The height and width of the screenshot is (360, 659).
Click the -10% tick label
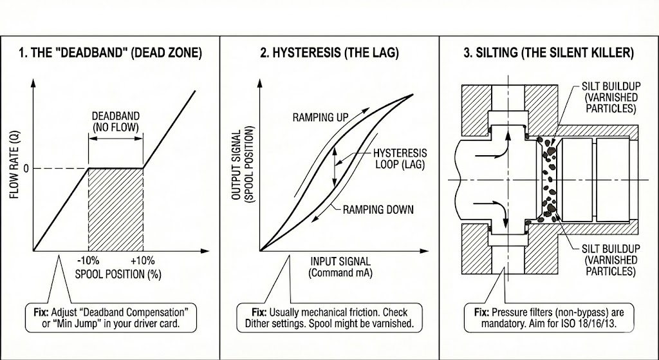point(88,260)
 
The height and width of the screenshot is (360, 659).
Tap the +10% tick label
point(142,260)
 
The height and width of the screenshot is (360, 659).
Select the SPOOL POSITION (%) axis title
point(118,274)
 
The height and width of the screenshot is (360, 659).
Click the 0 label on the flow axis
point(26,169)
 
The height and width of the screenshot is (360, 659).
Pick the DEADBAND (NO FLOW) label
point(116,122)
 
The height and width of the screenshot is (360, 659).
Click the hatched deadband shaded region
point(116,209)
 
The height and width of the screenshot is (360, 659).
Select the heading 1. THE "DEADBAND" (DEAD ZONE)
point(111,53)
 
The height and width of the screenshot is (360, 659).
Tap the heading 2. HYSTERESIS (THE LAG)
point(329,53)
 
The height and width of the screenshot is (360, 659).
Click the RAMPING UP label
point(320,117)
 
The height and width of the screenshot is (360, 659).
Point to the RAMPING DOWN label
point(378,209)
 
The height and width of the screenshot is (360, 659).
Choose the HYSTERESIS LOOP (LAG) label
point(400,158)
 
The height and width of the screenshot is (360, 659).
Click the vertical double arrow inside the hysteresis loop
point(335,167)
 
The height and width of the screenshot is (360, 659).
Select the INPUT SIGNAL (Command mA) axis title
point(340,267)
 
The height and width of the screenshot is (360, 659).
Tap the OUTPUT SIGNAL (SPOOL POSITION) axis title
point(243,164)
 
